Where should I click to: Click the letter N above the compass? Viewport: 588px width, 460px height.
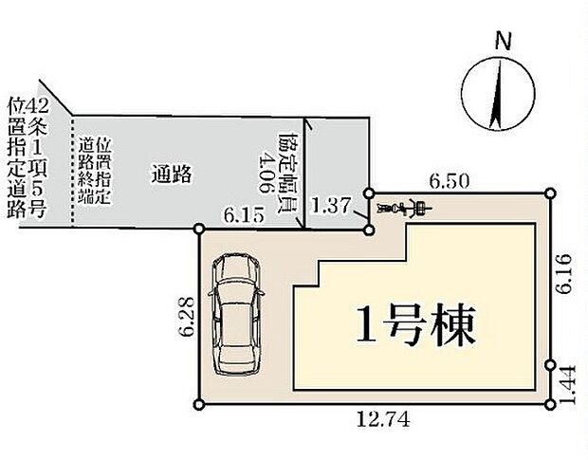tap(503, 41)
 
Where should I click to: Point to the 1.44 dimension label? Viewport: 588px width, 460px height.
tap(566, 385)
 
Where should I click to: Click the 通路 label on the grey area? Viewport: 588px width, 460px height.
tap(172, 175)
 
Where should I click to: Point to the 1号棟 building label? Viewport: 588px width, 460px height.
tap(415, 325)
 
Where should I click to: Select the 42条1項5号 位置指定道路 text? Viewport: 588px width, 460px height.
tap(27, 156)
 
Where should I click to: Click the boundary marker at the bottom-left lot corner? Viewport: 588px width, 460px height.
tap(198, 404)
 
